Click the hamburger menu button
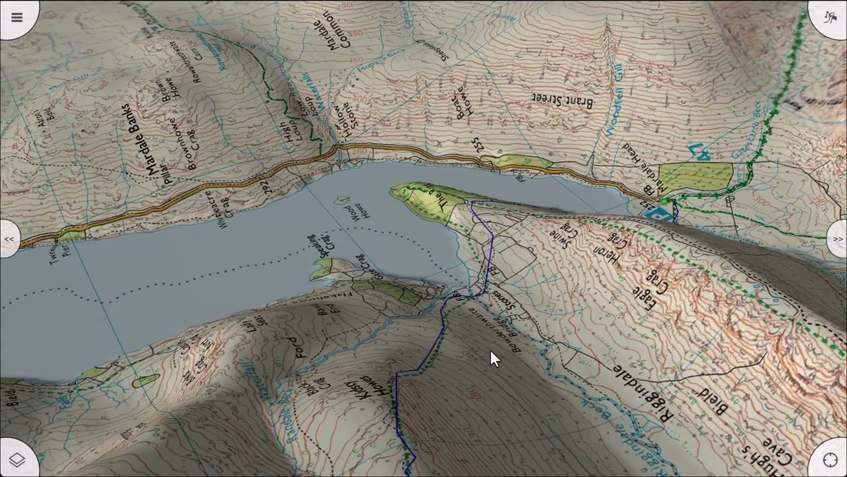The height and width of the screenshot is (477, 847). point(17,17)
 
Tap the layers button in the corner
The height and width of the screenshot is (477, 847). point(17,460)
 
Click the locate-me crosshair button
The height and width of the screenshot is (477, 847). point(830,460)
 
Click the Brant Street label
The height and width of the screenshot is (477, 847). point(562,101)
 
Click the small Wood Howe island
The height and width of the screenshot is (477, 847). point(343,199)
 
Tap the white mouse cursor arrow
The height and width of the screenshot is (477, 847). point(495,359)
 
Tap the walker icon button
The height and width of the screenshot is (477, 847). point(829,17)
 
